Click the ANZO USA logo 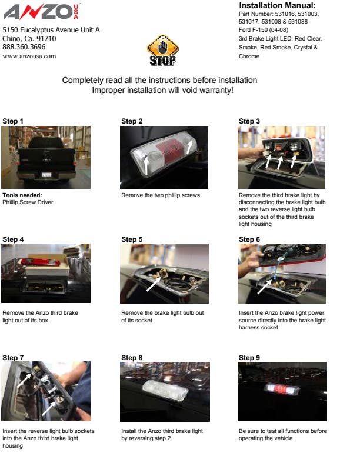[x=42, y=11]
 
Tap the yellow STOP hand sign [x=163, y=50]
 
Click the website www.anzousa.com [x=29, y=56]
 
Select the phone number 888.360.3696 [x=24, y=47]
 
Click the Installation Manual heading [x=277, y=5]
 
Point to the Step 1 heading [x=13, y=121]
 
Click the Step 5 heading [x=132, y=239]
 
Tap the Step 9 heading [x=249, y=358]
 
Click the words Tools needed [x=22, y=195]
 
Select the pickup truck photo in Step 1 [x=46, y=157]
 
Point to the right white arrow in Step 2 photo [x=189, y=147]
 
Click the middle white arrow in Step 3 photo [x=279, y=162]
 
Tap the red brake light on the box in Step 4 [x=40, y=262]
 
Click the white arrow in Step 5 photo [x=154, y=284]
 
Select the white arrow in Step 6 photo [x=264, y=287]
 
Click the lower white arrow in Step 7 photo [x=49, y=408]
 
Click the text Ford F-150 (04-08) [x=264, y=30]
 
